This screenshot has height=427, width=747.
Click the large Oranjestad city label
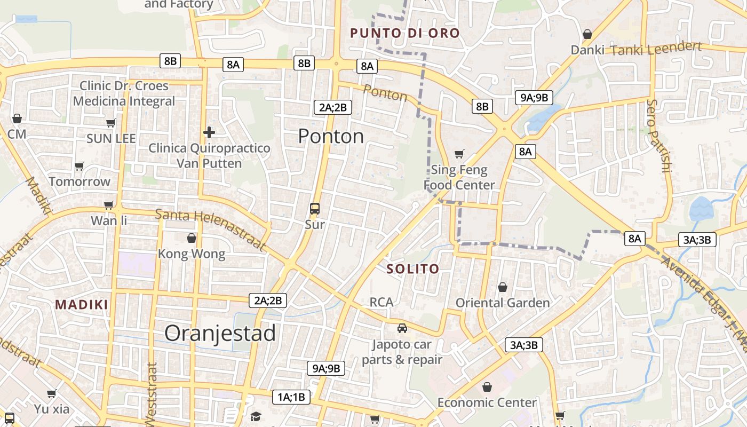220,334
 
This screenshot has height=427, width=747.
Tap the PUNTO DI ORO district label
404,33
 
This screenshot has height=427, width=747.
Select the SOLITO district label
413,268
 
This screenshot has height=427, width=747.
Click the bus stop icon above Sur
315,209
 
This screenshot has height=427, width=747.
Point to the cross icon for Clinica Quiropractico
209,132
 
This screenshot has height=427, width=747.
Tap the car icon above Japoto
402,328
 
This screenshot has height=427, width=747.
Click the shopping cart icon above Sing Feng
459,154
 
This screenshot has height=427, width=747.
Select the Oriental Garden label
502,303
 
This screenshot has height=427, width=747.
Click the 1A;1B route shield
291,397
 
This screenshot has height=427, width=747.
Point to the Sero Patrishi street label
658,136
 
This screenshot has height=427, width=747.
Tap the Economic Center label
487,402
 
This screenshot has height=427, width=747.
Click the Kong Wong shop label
192,254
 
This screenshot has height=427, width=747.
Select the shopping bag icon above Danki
587,34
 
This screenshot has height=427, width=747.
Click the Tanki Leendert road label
656,49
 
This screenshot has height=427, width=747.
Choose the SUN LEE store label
111,139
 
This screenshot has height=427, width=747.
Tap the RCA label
382,302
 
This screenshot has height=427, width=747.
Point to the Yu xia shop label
52,409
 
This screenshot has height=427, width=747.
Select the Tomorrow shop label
80,181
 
